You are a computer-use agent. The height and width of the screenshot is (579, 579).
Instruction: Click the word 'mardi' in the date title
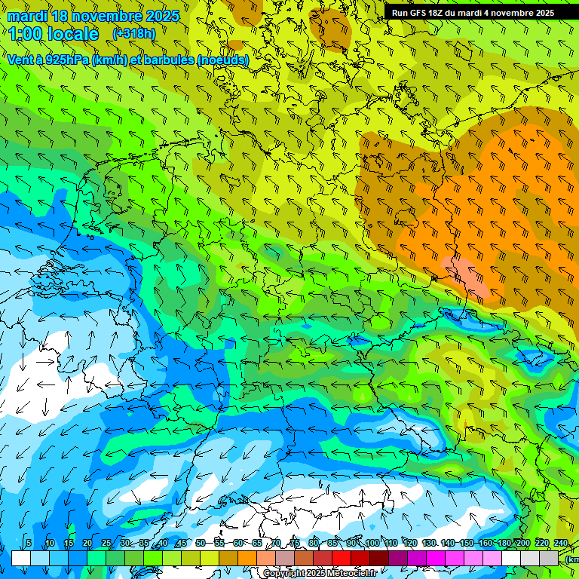click(28, 16)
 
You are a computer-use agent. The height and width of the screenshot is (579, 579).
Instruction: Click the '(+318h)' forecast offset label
click(133, 34)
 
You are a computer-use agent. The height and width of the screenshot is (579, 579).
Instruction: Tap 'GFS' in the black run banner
click(416, 13)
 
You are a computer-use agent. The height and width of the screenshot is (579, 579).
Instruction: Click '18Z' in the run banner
click(437, 13)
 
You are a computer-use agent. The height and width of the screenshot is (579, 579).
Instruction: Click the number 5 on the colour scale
click(29, 544)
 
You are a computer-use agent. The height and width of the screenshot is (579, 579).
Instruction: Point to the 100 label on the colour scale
click(372, 544)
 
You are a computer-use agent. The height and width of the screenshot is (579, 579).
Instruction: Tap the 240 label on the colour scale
click(561, 544)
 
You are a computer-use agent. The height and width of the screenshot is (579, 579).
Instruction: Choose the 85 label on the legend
click(332, 544)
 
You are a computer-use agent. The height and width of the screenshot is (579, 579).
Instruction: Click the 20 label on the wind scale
click(87, 544)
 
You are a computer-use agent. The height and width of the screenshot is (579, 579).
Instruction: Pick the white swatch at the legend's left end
click(21, 558)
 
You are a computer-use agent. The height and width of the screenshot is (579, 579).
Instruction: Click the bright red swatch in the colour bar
click(342, 558)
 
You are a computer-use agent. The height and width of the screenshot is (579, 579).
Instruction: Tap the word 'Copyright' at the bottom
click(284, 574)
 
